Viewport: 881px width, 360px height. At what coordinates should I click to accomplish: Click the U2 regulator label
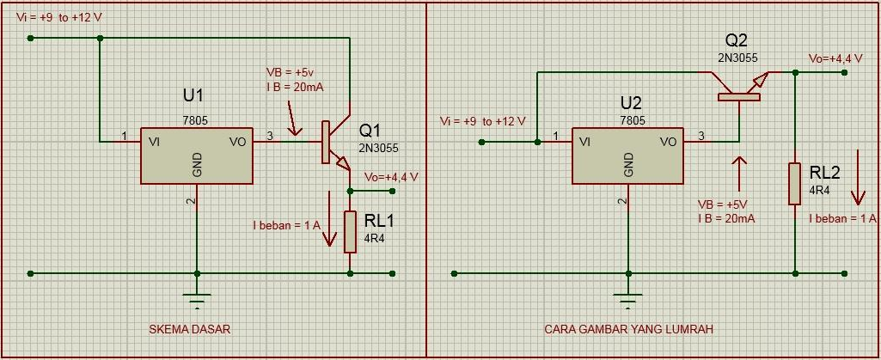630,103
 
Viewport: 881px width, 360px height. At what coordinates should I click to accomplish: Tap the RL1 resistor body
350,231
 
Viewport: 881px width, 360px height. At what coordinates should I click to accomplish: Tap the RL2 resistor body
795,183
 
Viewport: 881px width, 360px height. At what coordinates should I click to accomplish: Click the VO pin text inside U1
237,142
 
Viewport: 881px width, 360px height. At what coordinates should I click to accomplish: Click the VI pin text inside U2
584,142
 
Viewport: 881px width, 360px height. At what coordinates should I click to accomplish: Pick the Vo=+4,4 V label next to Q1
391,177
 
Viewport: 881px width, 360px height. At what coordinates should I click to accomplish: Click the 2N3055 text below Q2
737,57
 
